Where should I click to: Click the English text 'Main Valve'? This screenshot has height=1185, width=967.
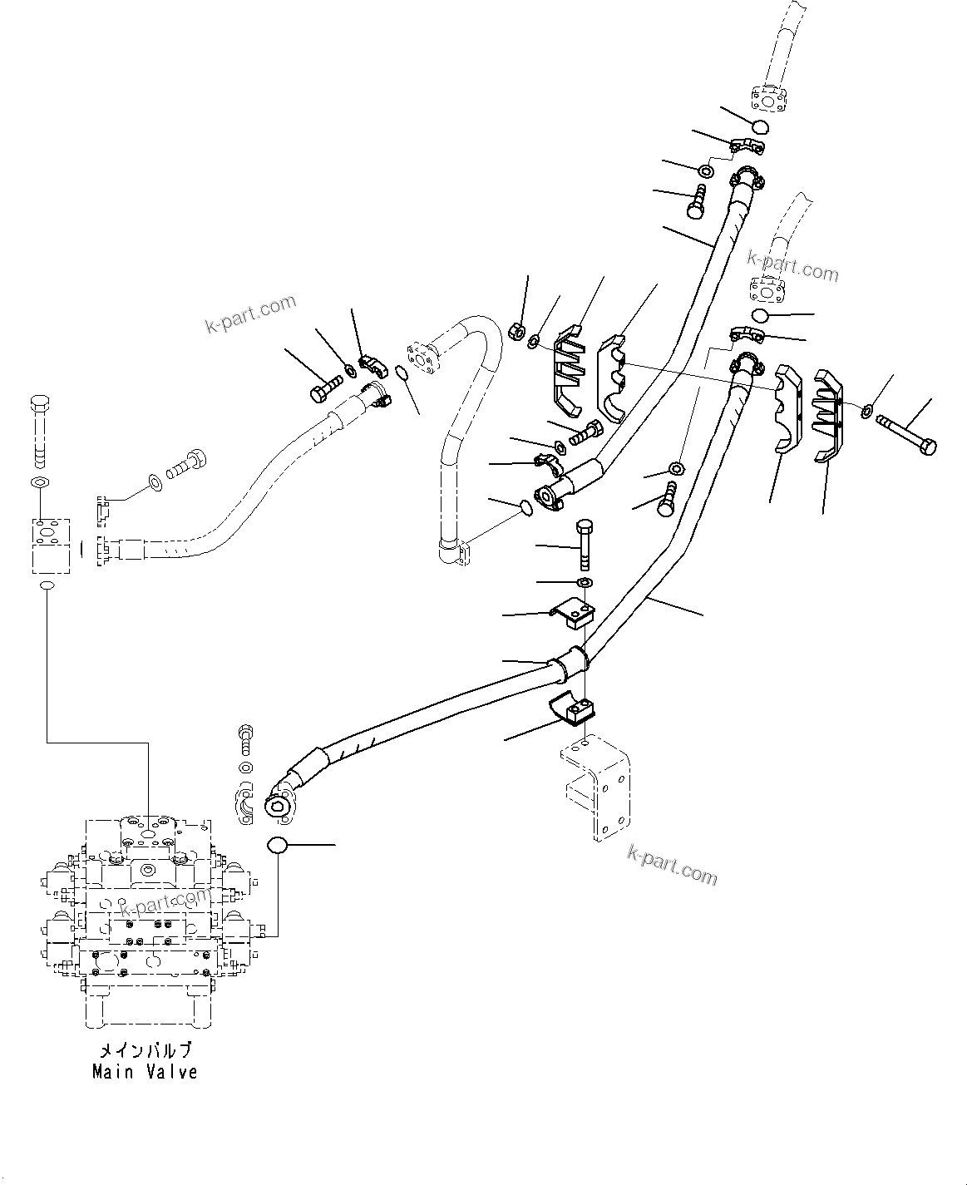(145, 1072)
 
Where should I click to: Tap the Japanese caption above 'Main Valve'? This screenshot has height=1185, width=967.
(145, 1050)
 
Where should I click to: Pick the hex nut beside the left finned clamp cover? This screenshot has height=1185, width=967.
(515, 332)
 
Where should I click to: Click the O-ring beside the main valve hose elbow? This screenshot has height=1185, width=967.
(277, 846)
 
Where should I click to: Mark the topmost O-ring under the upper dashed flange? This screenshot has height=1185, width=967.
(758, 127)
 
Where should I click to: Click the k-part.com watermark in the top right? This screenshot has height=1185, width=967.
(792, 266)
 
